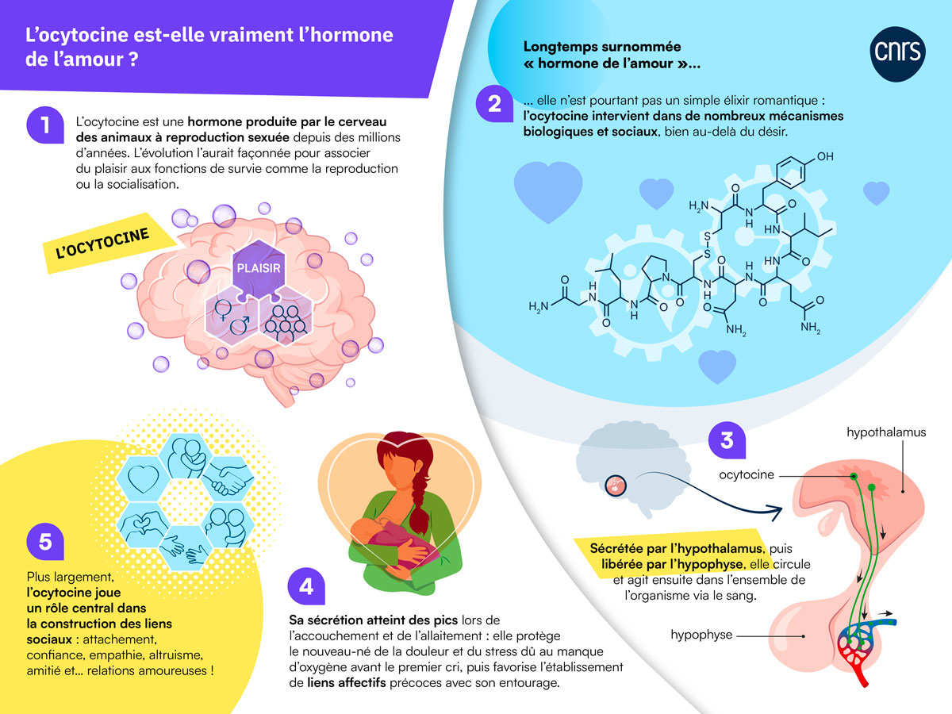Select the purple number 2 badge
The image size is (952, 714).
(494, 104)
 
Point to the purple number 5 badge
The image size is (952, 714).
(45, 541)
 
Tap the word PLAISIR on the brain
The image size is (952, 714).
(259, 267)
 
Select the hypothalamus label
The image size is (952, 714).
(886, 433)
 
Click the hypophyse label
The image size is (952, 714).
(701, 635)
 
